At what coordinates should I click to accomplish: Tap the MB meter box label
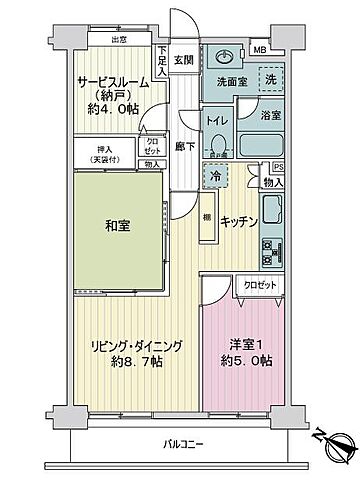258,50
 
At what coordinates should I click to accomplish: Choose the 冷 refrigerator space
215,177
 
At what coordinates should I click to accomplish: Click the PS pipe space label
278,168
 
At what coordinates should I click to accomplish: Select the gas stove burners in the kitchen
271,251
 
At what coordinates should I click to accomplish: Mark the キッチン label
240,221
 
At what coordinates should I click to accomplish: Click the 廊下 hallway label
182,144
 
